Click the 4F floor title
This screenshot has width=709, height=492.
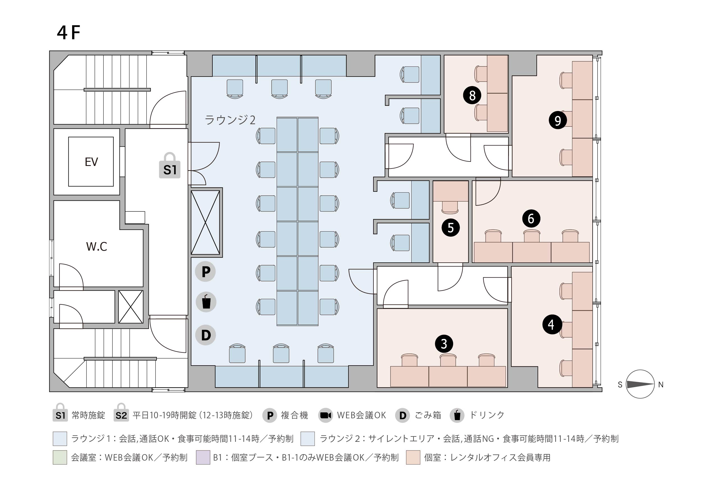68,33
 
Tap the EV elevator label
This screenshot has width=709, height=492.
91,162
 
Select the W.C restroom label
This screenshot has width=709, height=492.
97,247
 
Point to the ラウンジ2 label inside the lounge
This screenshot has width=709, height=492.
230,120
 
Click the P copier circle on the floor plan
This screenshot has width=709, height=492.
205,272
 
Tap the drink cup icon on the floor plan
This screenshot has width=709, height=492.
206,302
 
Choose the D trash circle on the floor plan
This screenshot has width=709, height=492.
205,335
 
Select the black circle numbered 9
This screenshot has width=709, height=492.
557,120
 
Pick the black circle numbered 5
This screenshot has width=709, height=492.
451,228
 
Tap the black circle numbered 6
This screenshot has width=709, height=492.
531,219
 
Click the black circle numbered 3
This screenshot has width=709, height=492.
444,344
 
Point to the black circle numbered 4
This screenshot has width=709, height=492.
551,324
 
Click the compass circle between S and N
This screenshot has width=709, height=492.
640,384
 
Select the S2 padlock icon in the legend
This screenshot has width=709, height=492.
121,412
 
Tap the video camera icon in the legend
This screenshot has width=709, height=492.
325,415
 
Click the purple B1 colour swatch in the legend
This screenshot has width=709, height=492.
203,458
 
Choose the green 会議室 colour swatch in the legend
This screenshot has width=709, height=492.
60,458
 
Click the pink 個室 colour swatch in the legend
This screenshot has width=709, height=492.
413,458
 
